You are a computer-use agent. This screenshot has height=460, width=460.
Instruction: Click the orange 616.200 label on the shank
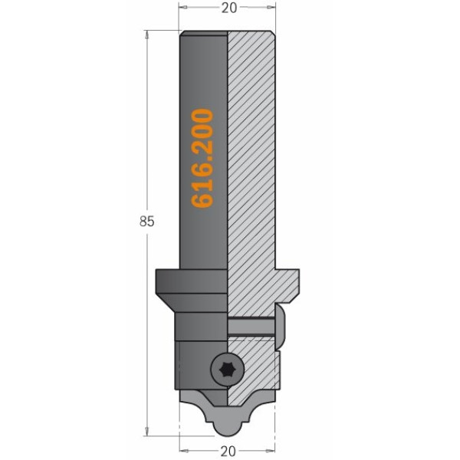202,159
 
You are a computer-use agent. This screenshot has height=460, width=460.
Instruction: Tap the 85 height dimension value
146,222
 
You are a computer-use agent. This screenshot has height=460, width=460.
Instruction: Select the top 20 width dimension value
228,8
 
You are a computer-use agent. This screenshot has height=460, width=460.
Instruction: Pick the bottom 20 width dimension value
228,451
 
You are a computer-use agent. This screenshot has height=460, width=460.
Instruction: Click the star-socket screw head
228,369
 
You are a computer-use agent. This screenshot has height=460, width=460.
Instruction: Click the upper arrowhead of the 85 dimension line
146,34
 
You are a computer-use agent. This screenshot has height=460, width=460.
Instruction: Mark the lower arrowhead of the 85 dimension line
146,431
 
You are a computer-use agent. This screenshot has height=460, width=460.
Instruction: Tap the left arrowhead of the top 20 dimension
183,7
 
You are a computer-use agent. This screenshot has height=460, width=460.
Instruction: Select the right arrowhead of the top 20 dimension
271,7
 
